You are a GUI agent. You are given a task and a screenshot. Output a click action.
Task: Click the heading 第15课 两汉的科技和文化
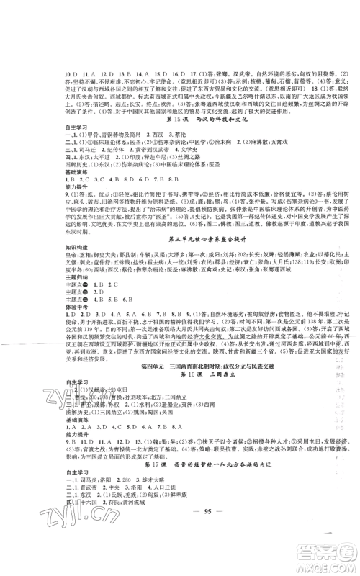[179, 120]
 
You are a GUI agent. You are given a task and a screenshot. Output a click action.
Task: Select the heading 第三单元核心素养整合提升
[179, 238]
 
